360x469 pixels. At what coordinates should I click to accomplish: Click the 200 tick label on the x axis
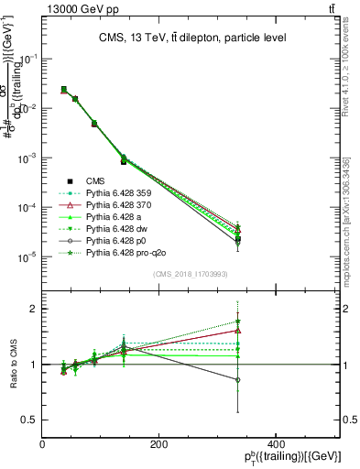(159, 444)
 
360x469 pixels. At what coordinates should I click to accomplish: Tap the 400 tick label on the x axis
(276, 444)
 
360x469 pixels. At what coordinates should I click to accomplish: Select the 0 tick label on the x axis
(43, 444)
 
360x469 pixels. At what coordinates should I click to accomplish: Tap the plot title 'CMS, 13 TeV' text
(191, 38)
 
